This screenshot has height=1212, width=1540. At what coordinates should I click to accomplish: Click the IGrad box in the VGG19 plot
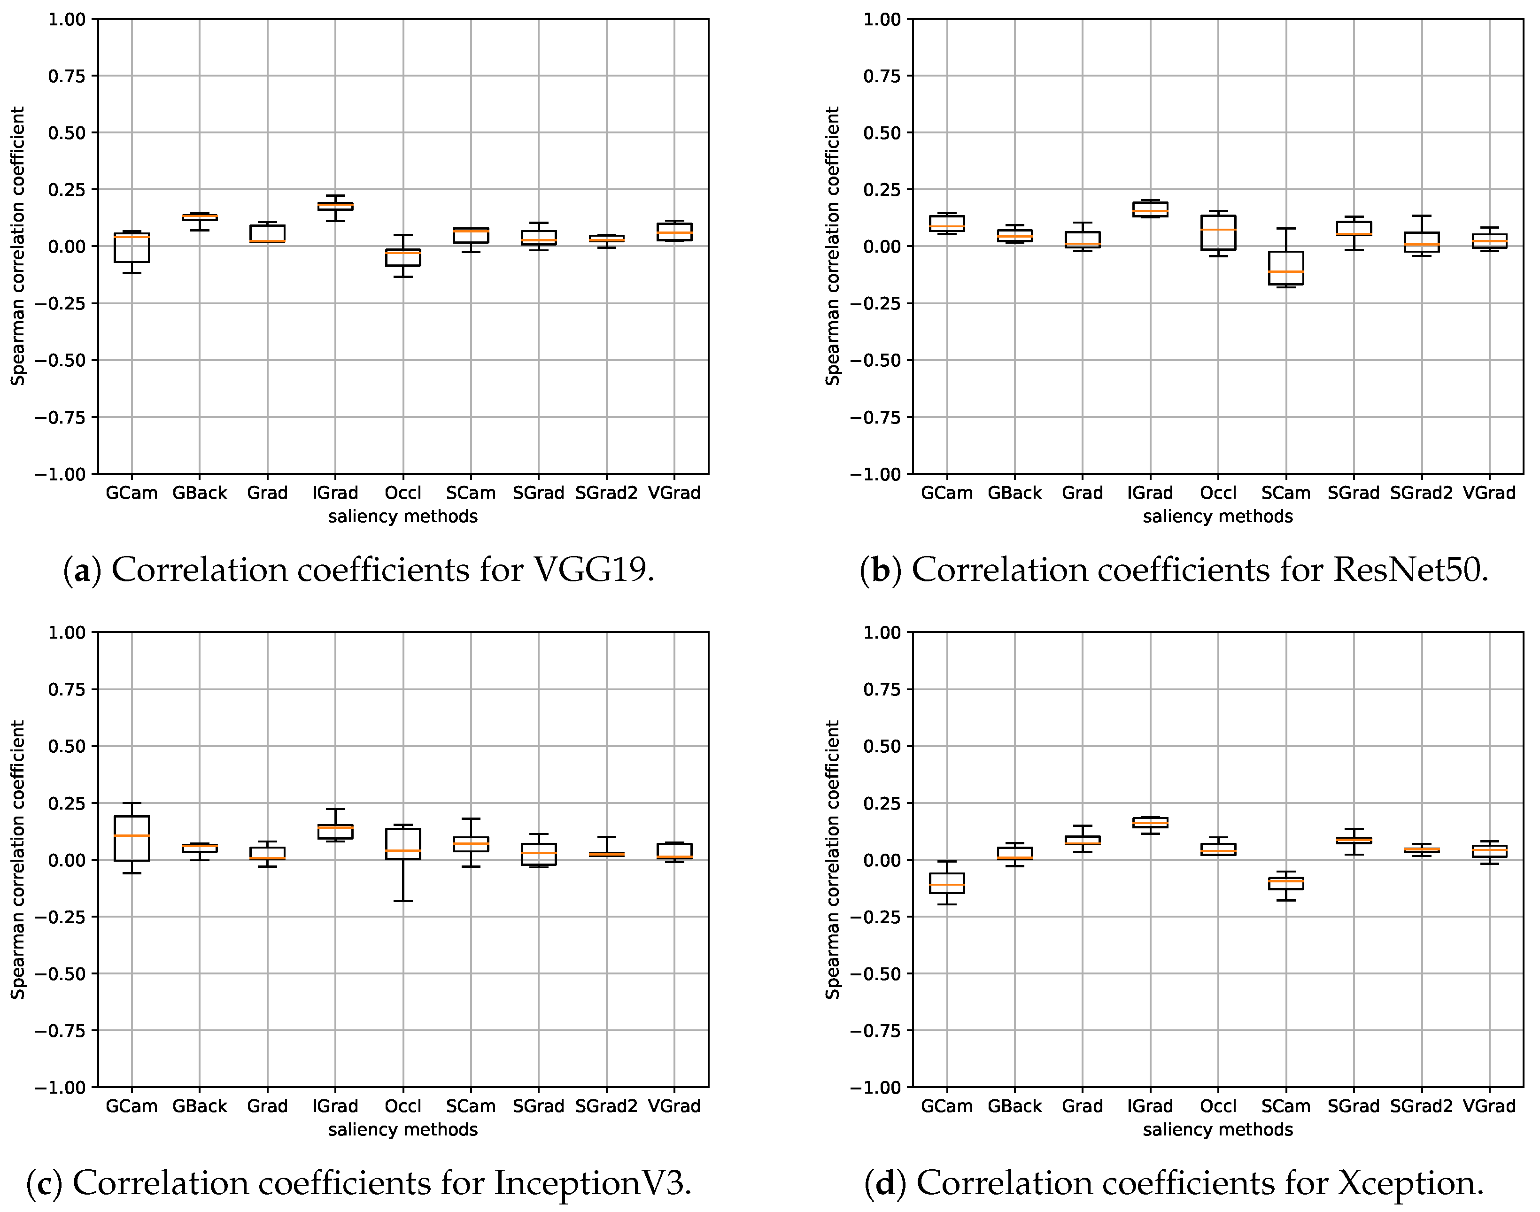pos(335,206)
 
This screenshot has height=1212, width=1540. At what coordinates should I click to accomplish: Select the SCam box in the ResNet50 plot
pos(1285,268)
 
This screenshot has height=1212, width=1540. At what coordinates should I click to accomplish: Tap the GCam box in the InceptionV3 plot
pos(132,839)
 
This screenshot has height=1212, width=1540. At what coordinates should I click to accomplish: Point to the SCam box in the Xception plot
pos(1285,883)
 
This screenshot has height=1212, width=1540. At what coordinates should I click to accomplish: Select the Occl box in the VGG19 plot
pos(403,257)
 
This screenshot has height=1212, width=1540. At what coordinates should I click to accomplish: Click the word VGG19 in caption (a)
pos(593,570)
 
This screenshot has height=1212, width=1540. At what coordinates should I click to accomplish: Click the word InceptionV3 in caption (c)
pos(593,1183)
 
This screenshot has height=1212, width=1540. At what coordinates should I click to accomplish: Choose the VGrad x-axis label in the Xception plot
pos(1489,1105)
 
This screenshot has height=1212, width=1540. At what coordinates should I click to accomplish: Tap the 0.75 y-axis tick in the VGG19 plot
pos(67,76)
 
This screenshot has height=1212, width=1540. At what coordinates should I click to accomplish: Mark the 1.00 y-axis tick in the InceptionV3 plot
pos(67,632)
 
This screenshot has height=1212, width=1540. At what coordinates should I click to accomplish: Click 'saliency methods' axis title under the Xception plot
pos(1218,1129)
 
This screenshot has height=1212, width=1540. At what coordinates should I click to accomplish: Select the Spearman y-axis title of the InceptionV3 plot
pos(18,859)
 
